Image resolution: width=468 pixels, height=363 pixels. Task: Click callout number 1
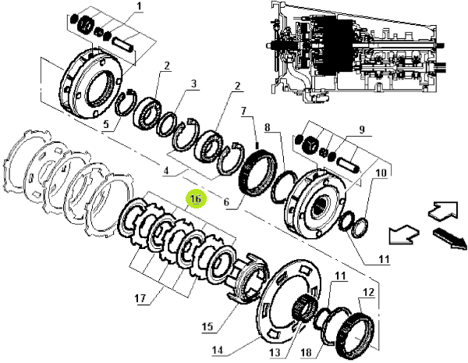(140, 6)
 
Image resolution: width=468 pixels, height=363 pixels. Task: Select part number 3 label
(194, 84)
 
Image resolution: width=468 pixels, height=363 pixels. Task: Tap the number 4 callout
(166, 171)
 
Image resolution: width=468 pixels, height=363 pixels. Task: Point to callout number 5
(107, 124)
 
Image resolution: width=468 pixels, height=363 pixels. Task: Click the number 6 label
(226, 202)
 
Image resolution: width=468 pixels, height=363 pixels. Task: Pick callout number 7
(244, 112)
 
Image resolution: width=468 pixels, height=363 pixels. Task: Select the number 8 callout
(267, 127)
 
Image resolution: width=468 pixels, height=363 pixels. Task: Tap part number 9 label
(361, 130)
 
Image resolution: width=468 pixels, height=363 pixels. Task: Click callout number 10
(381, 173)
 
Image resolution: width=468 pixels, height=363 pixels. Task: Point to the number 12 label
(368, 292)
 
